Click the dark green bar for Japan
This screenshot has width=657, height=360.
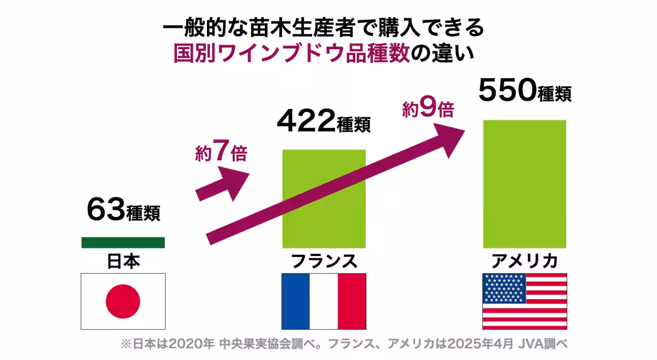(123, 242)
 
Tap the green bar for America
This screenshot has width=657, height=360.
(525, 184)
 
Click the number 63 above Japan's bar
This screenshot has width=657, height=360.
(105, 210)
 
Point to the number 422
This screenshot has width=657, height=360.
(306, 121)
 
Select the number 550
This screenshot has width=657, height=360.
(506, 90)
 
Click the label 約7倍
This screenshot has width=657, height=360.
(221, 153)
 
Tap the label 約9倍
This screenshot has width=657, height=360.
(428, 109)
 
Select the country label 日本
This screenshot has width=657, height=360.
(123, 261)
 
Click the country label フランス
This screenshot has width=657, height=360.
(324, 261)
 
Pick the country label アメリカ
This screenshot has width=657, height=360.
(524, 261)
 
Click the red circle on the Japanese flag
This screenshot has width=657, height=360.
(123, 300)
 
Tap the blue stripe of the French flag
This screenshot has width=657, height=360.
(296, 301)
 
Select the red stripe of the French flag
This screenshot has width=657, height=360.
(351, 301)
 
